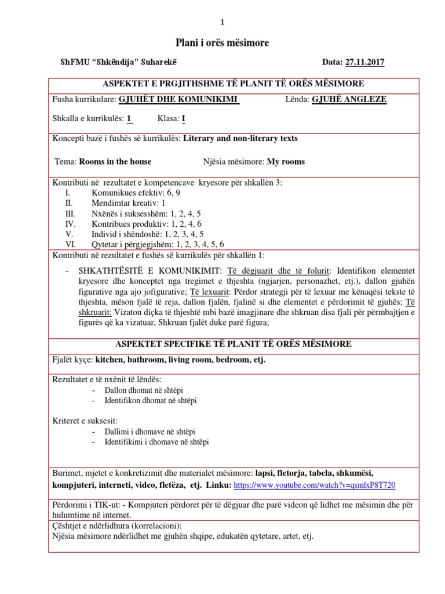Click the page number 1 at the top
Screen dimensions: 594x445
[x=222, y=22]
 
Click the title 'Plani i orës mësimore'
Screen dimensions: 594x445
[x=222, y=43]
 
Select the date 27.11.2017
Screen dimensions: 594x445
[x=364, y=63]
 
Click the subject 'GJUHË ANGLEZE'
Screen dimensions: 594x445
[x=349, y=99]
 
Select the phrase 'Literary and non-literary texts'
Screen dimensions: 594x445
[x=240, y=138]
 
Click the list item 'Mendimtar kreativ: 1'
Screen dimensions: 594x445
[x=128, y=203]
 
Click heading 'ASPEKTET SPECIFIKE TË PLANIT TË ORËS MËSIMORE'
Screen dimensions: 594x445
[x=222, y=344]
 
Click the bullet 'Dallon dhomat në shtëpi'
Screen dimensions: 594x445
[x=144, y=390]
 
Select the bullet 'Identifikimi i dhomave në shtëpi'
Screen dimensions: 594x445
[x=156, y=442]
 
